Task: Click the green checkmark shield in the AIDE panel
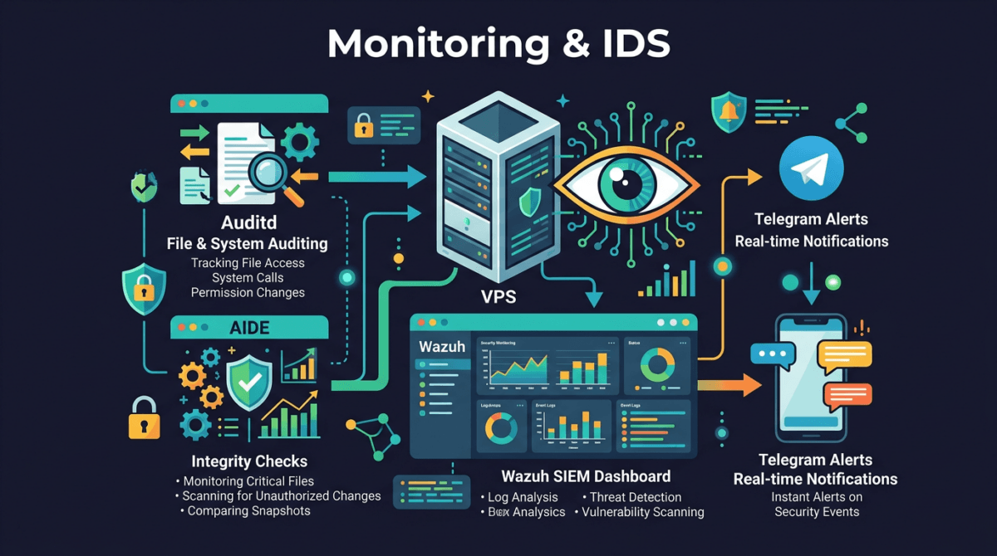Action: (x=249, y=382)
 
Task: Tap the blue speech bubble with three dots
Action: (x=773, y=354)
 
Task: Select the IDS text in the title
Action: (x=632, y=44)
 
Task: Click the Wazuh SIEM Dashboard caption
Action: (x=586, y=476)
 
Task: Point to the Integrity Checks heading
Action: (x=249, y=461)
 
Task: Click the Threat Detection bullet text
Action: (x=635, y=497)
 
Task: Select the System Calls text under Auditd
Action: (x=247, y=278)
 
